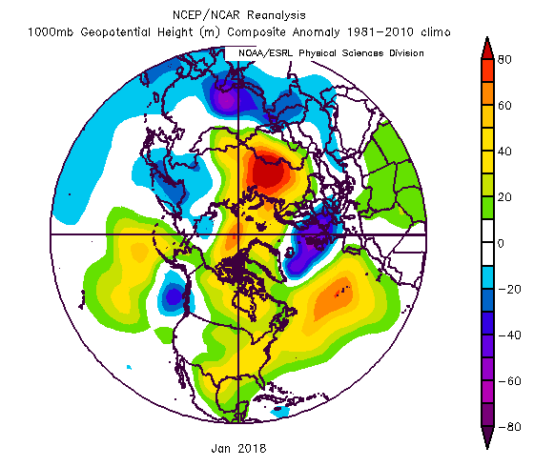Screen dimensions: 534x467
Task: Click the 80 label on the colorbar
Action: coord(504,59)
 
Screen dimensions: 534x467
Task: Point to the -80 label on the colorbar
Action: coord(509,427)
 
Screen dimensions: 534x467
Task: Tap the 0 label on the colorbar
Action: coord(501,243)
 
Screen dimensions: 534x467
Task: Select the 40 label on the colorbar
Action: coord(504,152)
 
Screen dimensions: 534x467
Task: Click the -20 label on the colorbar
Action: coord(509,290)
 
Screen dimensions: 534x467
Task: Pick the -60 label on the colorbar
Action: coord(509,381)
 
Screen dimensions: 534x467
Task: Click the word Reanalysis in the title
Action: coord(277,15)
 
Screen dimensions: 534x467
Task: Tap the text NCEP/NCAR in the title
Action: coord(206,15)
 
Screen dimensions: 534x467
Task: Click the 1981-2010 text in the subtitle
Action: coord(380,32)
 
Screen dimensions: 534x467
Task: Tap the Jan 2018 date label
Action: coord(238,448)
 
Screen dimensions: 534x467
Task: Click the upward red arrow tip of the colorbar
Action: coord(487,37)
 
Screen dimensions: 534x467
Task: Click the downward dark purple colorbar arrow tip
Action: coord(487,449)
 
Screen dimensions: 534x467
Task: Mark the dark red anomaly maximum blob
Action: coord(267,172)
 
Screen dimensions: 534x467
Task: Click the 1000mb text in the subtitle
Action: coord(51,32)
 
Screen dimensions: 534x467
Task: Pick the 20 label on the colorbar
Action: coord(504,197)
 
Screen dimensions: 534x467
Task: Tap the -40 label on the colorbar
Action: coord(509,335)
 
